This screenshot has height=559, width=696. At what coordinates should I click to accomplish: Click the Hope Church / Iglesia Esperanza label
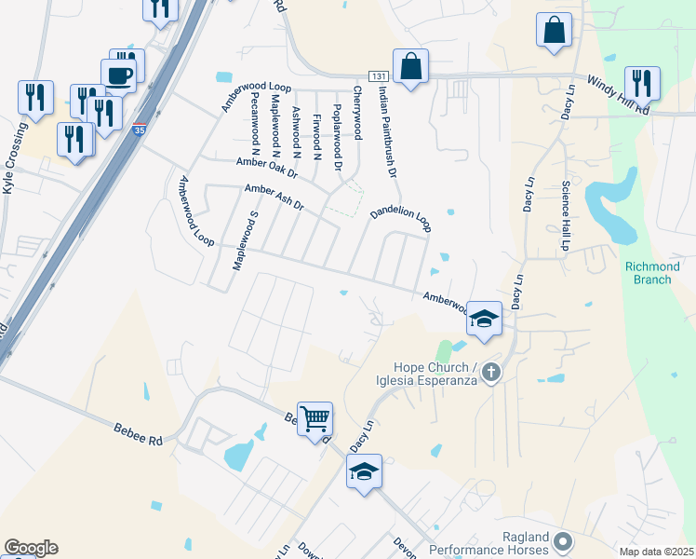click(x=435, y=374)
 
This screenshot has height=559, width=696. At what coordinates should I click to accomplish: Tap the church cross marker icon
click(x=491, y=374)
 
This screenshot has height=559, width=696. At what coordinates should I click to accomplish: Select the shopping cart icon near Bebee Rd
click(x=315, y=420)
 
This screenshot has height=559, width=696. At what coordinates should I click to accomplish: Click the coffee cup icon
click(x=118, y=75)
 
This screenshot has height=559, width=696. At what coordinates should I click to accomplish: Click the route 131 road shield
click(x=377, y=75)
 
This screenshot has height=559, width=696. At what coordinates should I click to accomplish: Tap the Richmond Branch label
click(x=652, y=273)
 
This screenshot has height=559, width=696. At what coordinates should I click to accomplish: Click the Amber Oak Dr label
click(x=266, y=168)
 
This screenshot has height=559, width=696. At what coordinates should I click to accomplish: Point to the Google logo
click(x=31, y=548)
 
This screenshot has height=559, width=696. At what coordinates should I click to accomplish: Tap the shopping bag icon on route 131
click(x=410, y=66)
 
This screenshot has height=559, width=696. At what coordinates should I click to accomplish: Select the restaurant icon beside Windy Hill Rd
click(x=642, y=82)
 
